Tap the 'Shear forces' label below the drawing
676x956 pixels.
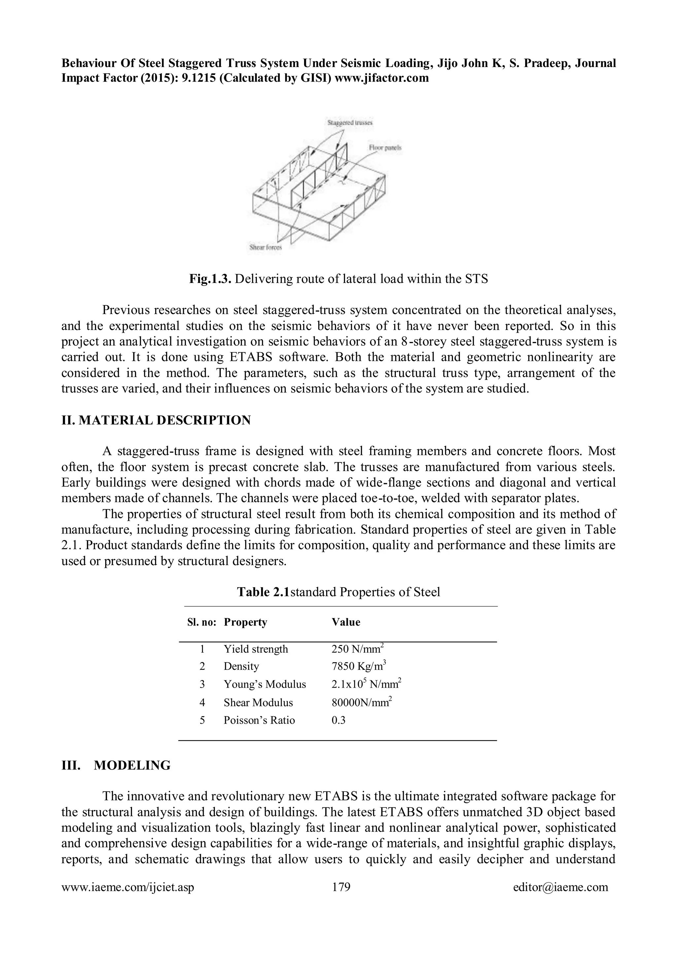pos(265,247)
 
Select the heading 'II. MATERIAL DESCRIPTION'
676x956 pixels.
pos(156,420)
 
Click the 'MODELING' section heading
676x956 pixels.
pos(132,765)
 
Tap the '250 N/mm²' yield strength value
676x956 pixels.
pos(357,649)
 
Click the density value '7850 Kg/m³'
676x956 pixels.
pos(359,666)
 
